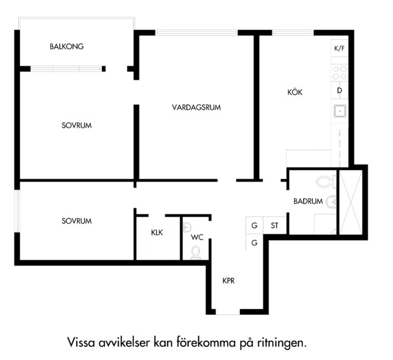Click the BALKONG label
66,46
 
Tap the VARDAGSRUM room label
196,108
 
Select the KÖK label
294,92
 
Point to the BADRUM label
308,201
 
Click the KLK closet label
157,232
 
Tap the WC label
197,237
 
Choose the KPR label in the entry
229,280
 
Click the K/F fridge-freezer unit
340,48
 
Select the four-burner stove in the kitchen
340,72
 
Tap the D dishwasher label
340,90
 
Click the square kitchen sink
340,111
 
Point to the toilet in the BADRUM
326,182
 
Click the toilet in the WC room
195,252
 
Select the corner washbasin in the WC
187,226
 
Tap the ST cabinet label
274,226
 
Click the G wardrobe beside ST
254,225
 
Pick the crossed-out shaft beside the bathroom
351,202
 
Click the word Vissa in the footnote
81,342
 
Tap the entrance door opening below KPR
228,312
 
